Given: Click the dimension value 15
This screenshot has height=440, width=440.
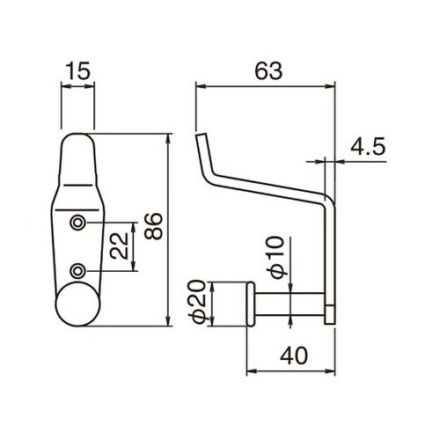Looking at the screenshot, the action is pos(78,71).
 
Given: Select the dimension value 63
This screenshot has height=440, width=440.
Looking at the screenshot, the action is pos(268,71).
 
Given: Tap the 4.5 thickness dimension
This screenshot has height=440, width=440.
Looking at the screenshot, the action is pos(368,147).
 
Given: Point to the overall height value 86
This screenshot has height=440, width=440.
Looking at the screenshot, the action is pos(154,226).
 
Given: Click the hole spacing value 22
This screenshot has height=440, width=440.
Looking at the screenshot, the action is pos(120,246).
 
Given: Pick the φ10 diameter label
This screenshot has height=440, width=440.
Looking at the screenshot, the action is pos(277,257).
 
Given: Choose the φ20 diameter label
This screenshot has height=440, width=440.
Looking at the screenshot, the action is pos(196,301).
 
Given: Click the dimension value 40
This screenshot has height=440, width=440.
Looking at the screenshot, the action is pos(294,356).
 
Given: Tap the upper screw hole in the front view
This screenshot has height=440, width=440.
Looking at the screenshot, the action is pos(77,223).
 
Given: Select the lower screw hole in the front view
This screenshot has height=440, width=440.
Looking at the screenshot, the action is pos(77,270).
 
